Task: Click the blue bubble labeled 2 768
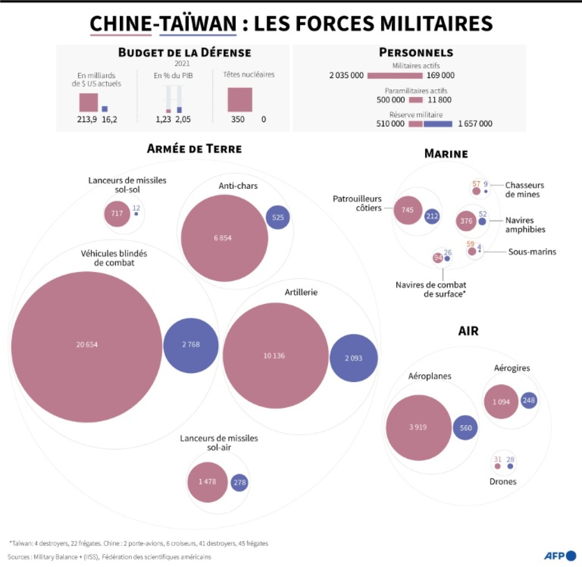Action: (191, 345)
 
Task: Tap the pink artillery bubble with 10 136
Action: (275, 356)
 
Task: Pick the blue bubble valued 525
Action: (278, 217)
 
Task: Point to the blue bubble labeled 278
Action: (239, 482)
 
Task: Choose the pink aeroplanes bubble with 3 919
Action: (418, 428)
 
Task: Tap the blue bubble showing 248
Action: (529, 401)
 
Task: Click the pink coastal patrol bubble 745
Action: (408, 210)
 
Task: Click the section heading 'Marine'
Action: (446, 154)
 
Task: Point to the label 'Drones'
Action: (503, 481)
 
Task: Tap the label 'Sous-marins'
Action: (532, 252)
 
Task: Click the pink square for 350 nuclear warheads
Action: (240, 99)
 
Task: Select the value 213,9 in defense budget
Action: (87, 119)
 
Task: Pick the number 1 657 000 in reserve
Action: (475, 124)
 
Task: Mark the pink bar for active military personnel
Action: (395, 76)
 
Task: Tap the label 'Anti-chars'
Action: (238, 186)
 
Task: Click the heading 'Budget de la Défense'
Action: (184, 52)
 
